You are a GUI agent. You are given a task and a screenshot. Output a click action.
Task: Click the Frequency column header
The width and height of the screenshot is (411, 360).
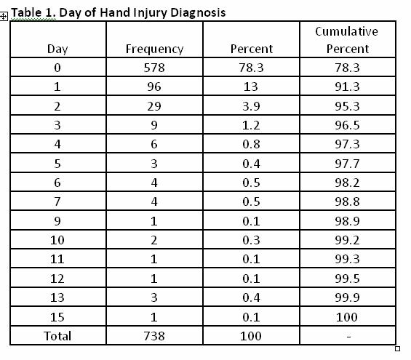(154, 49)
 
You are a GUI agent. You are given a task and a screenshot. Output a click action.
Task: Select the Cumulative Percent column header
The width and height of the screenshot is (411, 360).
(347, 40)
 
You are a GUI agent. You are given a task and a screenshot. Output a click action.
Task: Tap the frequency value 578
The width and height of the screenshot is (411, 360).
(154, 68)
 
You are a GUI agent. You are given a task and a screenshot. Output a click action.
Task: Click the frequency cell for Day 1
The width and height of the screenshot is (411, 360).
(154, 87)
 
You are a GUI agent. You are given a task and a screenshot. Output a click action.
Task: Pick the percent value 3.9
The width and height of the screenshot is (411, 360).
(251, 106)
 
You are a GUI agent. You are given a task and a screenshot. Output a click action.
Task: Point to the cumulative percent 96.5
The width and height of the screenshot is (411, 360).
(347, 125)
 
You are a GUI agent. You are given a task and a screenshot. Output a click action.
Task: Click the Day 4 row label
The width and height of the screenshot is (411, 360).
(57, 144)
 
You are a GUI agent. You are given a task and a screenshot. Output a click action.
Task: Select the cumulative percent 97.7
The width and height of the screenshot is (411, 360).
(347, 164)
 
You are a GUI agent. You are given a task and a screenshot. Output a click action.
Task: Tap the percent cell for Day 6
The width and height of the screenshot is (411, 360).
(251, 183)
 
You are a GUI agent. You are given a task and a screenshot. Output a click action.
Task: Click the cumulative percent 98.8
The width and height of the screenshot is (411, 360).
(347, 201)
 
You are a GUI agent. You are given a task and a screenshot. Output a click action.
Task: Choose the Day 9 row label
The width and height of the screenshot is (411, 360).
(57, 221)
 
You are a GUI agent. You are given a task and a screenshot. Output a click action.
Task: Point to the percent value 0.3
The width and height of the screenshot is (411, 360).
(251, 240)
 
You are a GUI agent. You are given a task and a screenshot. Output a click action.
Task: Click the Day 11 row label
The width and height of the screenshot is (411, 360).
(57, 259)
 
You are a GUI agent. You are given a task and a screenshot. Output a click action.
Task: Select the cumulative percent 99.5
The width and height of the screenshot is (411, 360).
(347, 279)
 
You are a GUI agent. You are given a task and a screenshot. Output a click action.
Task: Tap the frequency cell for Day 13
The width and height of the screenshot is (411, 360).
(154, 297)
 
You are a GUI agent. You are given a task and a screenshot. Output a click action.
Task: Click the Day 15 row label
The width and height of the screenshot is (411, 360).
(57, 317)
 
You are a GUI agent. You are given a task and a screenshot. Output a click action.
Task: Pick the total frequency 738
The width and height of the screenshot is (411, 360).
(154, 336)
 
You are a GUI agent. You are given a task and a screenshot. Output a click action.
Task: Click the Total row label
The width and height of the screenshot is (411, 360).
(57, 336)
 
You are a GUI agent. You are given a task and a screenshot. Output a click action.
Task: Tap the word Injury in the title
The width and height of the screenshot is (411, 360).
(150, 12)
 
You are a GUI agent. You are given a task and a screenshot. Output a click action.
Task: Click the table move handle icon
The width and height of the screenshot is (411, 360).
(4, 17)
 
